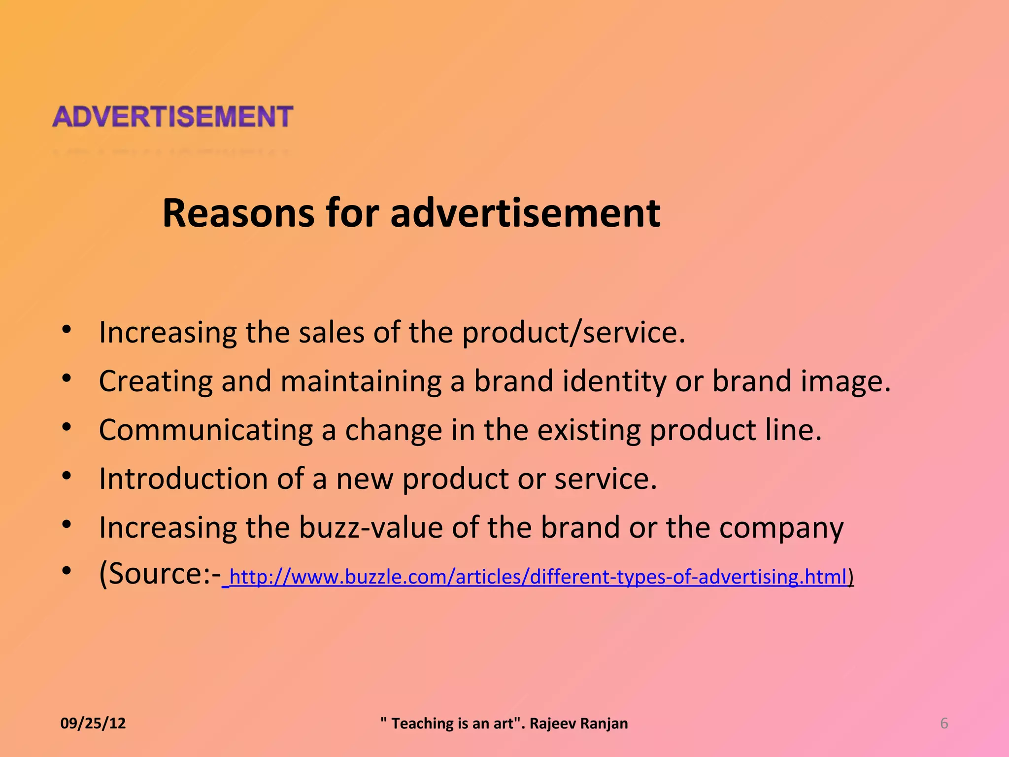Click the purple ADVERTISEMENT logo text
pos(172,117)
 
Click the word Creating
pos(155,381)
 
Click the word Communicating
pos(205,430)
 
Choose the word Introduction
pos(183,479)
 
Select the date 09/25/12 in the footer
pos(93,723)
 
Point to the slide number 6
pos(944,723)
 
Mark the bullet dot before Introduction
pos(67,476)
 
